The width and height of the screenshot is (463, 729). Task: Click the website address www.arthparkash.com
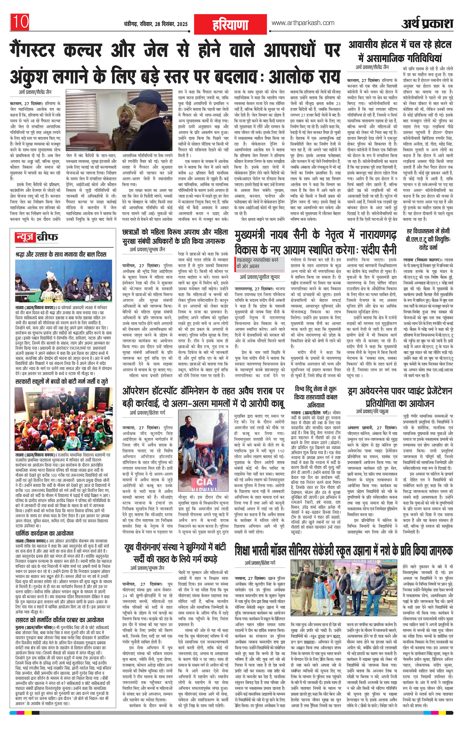pyautogui.click(x=303, y=23)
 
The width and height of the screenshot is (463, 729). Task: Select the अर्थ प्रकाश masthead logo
pyautogui.click(x=427, y=24)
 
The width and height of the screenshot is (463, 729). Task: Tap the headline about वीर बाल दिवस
pyautogui.click(x=61, y=254)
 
